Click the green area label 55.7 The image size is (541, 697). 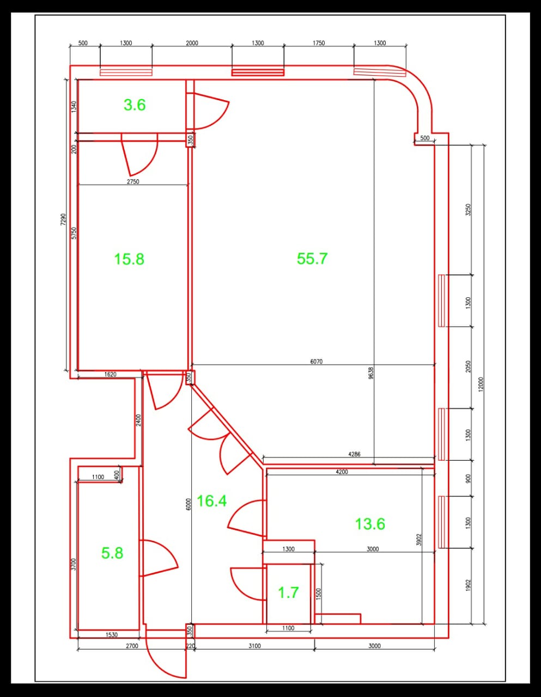(x=312, y=259)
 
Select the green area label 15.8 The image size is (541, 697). (x=129, y=259)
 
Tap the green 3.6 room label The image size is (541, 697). (x=135, y=105)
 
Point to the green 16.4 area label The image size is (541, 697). (x=211, y=501)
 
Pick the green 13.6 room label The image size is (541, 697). (x=370, y=524)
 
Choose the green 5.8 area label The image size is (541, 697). (x=112, y=553)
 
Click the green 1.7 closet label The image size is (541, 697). (x=288, y=592)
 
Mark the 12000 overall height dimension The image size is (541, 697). (x=481, y=384)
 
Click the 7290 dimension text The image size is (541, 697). (x=63, y=219)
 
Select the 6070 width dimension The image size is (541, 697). (x=317, y=362)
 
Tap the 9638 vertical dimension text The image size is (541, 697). (x=371, y=373)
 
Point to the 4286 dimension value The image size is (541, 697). (x=354, y=454)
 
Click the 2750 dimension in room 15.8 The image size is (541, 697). (x=133, y=181)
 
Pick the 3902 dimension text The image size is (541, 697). (x=418, y=540)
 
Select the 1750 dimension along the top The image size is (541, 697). (x=319, y=43)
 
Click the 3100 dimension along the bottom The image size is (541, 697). (x=255, y=646)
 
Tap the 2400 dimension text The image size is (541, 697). (x=138, y=420)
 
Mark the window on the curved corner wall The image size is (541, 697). (x=380, y=72)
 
